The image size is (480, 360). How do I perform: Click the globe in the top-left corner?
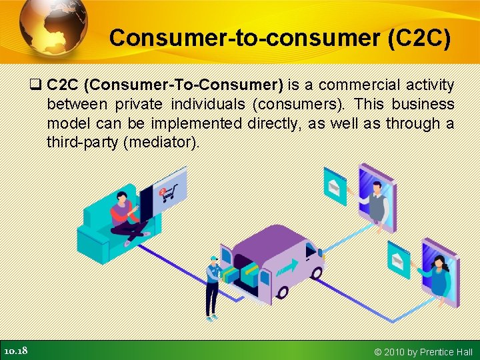click(x=53, y=27)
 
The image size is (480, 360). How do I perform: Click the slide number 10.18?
click(x=15, y=351)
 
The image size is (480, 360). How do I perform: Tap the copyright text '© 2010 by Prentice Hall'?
click(x=423, y=351)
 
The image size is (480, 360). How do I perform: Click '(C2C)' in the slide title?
click(x=419, y=38)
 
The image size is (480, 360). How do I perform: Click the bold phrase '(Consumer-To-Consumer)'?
click(x=184, y=85)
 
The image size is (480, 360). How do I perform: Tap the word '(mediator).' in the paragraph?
click(x=161, y=143)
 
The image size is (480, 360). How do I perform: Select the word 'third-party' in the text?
click(x=83, y=143)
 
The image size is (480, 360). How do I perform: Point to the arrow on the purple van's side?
click(x=288, y=267)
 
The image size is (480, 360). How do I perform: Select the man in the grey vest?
click(x=377, y=200)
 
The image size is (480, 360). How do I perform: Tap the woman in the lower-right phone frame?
click(x=439, y=277)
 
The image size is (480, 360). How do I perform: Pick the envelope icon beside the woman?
click(x=399, y=261)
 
